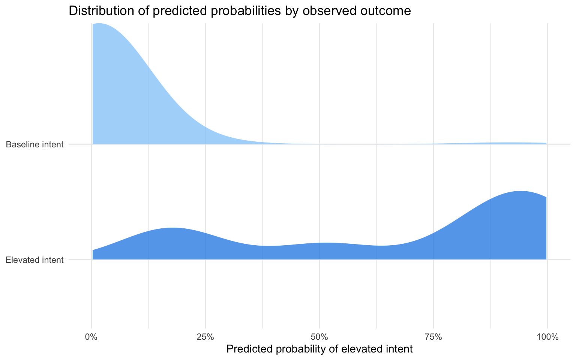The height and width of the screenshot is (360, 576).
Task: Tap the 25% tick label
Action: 205,336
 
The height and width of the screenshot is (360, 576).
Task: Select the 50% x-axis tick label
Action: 319,336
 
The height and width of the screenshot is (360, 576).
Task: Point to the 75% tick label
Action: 433,336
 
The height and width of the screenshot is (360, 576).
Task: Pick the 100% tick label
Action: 547,336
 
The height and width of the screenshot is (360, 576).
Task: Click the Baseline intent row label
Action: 35,144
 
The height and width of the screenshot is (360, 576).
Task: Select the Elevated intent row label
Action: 35,259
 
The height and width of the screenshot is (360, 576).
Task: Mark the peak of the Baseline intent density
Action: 99,24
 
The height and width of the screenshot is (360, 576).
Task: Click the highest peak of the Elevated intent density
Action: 520,192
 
